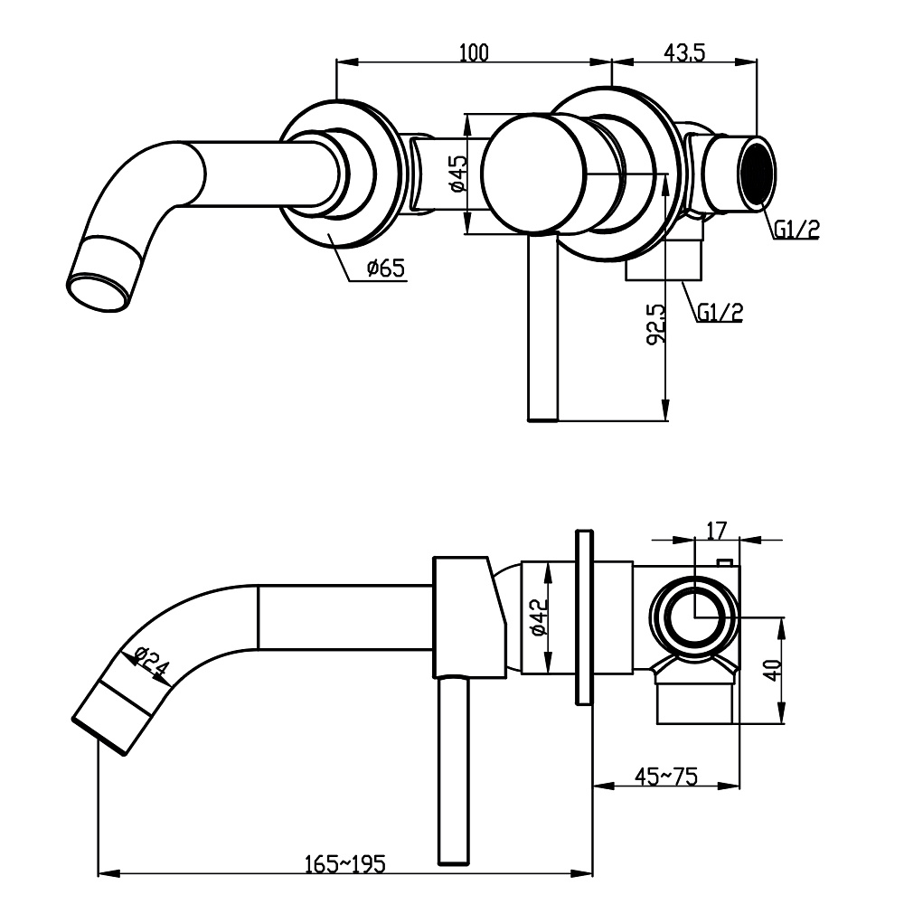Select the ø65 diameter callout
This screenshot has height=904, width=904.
point(385,268)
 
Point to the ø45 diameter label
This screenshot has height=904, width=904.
point(457,173)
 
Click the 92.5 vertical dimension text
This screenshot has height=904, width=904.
point(657,323)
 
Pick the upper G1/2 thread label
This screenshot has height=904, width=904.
point(796,229)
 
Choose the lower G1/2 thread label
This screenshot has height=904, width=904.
point(720,313)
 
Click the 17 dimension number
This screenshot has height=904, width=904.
point(716,531)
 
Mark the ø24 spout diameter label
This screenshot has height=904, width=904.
point(150,663)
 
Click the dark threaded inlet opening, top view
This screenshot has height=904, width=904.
point(756,172)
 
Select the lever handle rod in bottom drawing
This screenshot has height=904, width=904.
point(454,768)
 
